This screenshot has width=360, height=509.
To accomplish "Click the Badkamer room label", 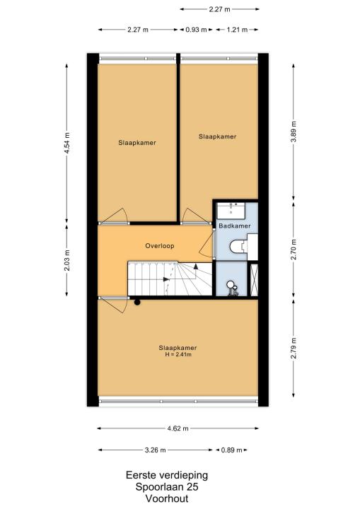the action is tap(235, 226).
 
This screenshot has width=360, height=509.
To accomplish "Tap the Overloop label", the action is tap(160, 246).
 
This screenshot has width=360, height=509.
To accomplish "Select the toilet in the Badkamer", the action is tap(238, 247).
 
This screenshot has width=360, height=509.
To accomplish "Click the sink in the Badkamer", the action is tap(231, 211).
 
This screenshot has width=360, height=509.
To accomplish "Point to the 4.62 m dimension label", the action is tap(178, 428).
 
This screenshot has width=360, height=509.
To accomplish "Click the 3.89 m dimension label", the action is tap(294, 131).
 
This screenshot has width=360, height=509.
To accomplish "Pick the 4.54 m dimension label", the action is tap(67, 144).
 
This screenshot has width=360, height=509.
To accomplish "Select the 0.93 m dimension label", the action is tap(196, 30).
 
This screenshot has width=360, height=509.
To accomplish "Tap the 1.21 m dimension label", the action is tap(237, 30).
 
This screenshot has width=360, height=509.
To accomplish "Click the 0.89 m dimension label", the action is tap(232, 450).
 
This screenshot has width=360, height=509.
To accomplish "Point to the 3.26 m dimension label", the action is tap(155, 450).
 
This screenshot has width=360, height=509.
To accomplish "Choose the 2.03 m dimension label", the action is tap(67, 260).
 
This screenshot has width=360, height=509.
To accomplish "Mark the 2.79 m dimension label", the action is tap(294, 348).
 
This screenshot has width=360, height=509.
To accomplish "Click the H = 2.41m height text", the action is tap(178, 354).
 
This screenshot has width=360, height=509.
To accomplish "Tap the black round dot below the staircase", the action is tap(137, 303).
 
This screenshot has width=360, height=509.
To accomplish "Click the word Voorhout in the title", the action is tap(167, 498).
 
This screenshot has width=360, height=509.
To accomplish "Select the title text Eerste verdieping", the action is tap(167, 475).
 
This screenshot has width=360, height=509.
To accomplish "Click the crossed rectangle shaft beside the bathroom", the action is tap(254, 280).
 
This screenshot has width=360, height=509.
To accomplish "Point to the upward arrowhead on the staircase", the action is tap(196, 267).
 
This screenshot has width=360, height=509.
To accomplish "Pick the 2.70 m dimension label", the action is tap(294, 249).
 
